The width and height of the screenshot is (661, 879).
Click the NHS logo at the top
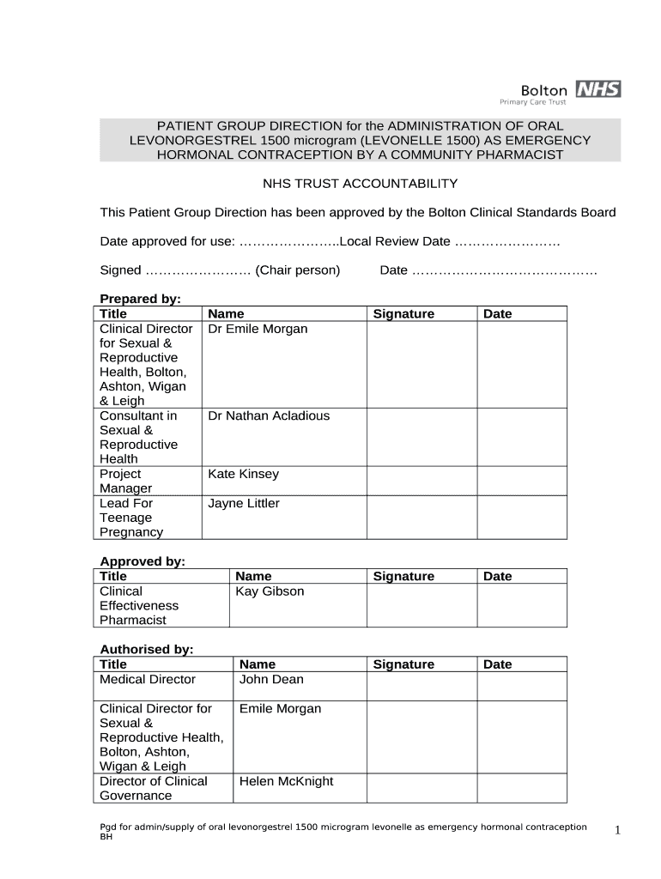[x=597, y=89]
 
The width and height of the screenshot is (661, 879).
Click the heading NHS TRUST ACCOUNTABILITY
[x=360, y=184]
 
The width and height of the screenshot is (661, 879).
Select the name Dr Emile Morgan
[x=258, y=329]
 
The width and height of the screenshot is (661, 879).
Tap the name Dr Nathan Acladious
[x=269, y=415]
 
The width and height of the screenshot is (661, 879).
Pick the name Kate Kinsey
[x=243, y=474]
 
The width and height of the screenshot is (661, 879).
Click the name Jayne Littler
[x=243, y=503]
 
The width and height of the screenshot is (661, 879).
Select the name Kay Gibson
[x=270, y=591]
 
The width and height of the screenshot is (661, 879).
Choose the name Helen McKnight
[x=286, y=781]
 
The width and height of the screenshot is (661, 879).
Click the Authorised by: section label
[x=147, y=650]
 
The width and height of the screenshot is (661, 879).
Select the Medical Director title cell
[x=148, y=679]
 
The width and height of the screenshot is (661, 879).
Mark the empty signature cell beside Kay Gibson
[x=421, y=605]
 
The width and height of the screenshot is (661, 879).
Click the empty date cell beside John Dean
[x=521, y=686]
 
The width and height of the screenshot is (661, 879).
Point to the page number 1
[x=616, y=830]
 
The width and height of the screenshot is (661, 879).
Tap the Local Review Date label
[x=395, y=241]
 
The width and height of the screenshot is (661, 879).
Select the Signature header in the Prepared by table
[x=403, y=314]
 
